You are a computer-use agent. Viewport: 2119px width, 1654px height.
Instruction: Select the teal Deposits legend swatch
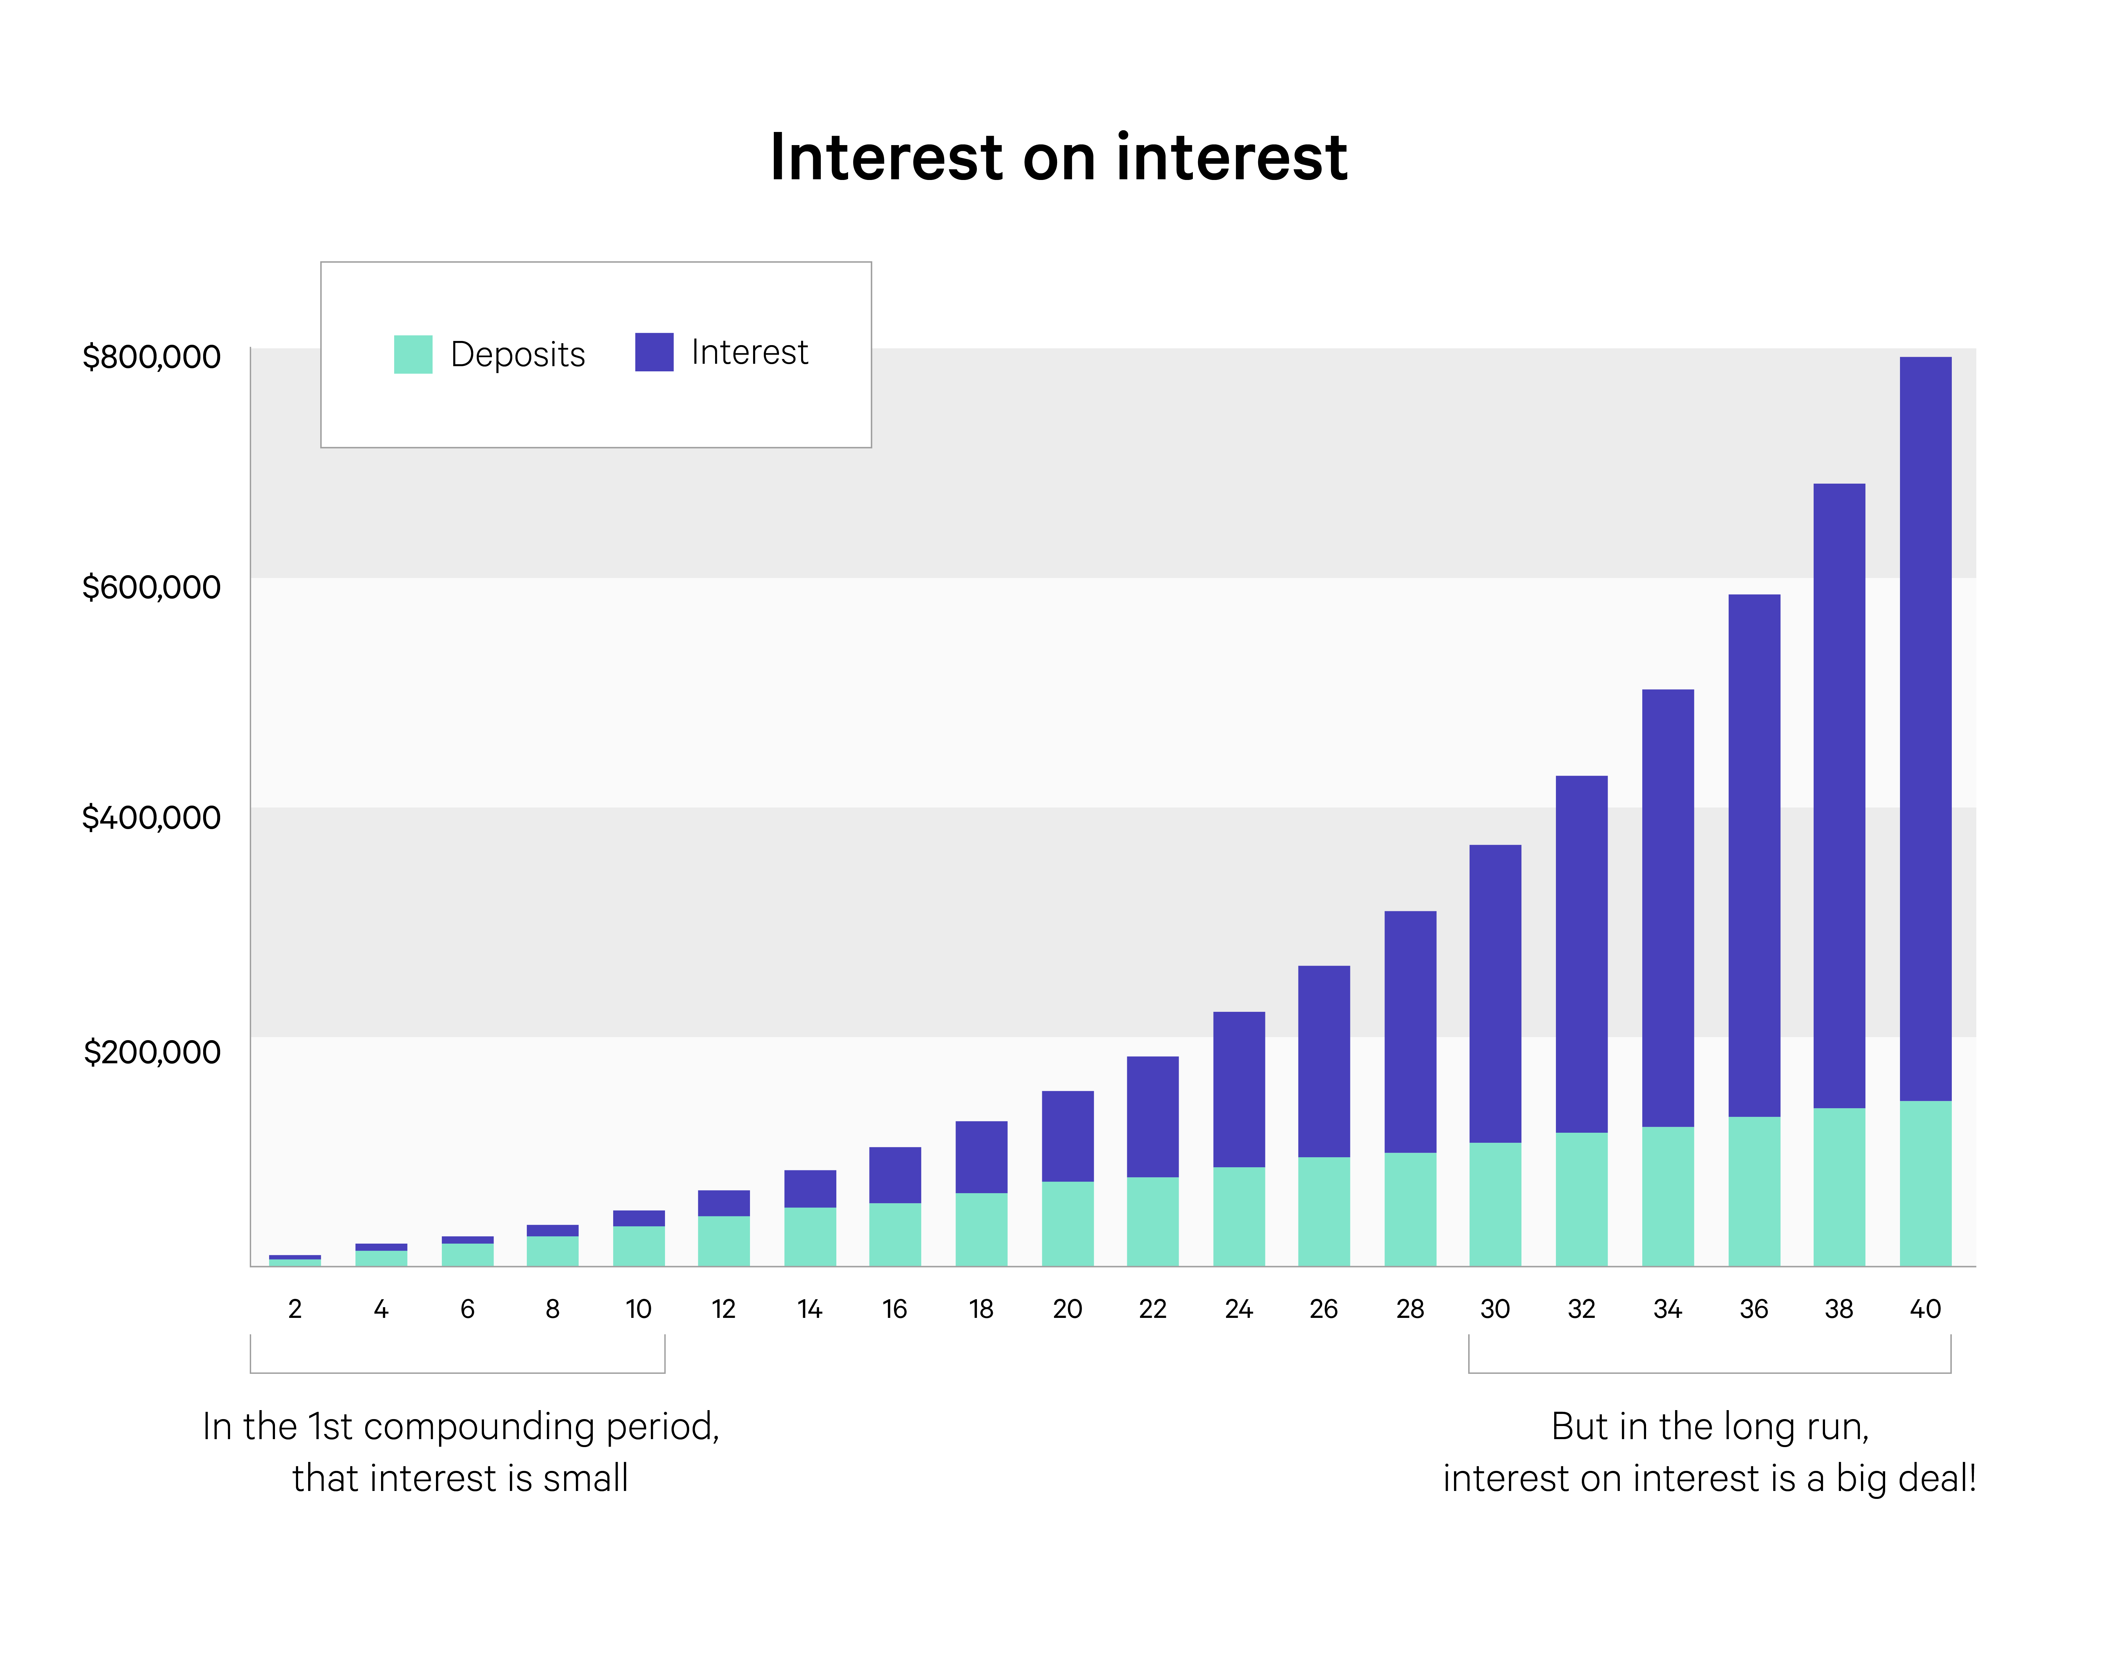tap(412, 354)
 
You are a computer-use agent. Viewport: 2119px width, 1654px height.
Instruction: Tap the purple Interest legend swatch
tap(654, 352)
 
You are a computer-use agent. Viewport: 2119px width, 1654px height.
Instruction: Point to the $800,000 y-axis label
tap(151, 357)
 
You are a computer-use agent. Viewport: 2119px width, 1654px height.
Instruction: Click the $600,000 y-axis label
tap(151, 587)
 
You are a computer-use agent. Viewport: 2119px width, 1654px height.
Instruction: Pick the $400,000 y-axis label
tap(151, 818)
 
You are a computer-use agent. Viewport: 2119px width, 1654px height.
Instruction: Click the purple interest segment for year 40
tap(1925, 728)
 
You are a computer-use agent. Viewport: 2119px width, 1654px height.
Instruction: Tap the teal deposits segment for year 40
tap(1925, 1184)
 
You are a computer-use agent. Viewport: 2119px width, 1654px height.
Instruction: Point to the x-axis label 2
tap(295, 1310)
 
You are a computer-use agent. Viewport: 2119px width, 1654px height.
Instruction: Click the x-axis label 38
tap(1838, 1310)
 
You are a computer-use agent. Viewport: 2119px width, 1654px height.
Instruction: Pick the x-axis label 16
tap(895, 1310)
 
